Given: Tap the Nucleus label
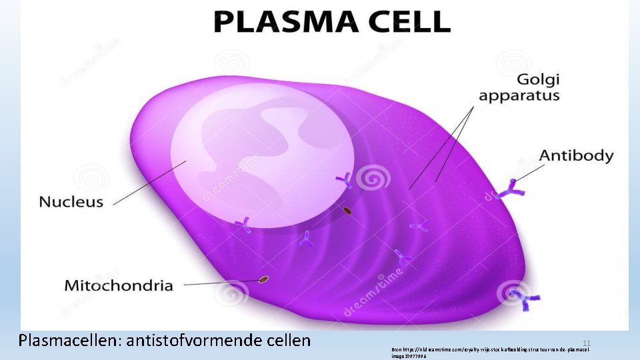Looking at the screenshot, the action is [x=71, y=201].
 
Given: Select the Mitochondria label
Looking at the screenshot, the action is [x=119, y=285].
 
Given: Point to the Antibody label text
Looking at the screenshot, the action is [x=576, y=155].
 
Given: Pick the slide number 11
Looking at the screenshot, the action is [x=587, y=342].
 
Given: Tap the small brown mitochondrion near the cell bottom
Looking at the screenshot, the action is [x=264, y=279].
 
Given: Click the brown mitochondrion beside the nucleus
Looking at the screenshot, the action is [x=347, y=211].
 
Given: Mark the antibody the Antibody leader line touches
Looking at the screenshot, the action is [x=511, y=189].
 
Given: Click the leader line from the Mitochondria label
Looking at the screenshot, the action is [x=220, y=283].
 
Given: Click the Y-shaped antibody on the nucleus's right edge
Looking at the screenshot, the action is [x=345, y=179].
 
